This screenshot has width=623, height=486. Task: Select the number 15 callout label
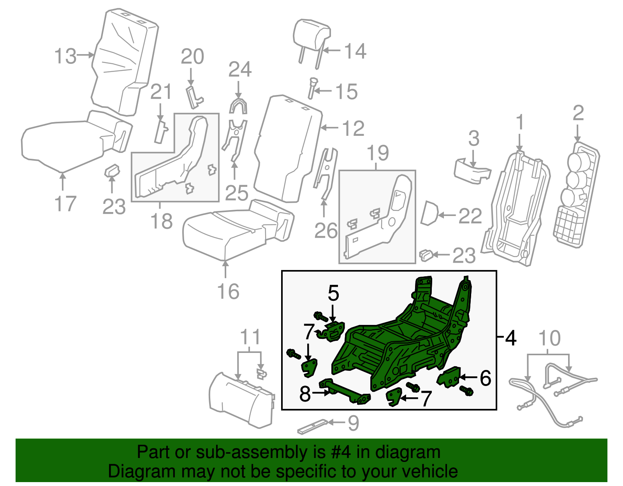click(x=346, y=92)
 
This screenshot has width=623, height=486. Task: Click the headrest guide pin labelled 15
click(x=313, y=88)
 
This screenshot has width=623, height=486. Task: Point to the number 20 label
click(x=192, y=57)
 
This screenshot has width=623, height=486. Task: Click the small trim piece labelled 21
click(x=161, y=132)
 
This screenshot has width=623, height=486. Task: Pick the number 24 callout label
click(x=240, y=70)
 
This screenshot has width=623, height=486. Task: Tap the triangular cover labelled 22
click(x=429, y=213)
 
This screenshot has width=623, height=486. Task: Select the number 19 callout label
click(x=377, y=153)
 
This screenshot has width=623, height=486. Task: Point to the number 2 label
click(x=578, y=113)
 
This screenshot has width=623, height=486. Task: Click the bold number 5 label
click(x=333, y=293)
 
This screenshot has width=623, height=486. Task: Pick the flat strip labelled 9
click(x=312, y=426)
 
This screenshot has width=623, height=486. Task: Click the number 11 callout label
click(x=250, y=337)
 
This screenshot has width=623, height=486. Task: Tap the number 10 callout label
click(x=549, y=338)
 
